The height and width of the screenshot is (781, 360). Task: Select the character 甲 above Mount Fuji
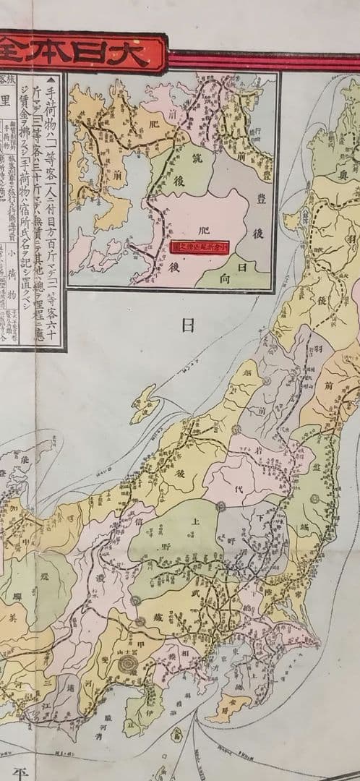[x=129, y=637]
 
